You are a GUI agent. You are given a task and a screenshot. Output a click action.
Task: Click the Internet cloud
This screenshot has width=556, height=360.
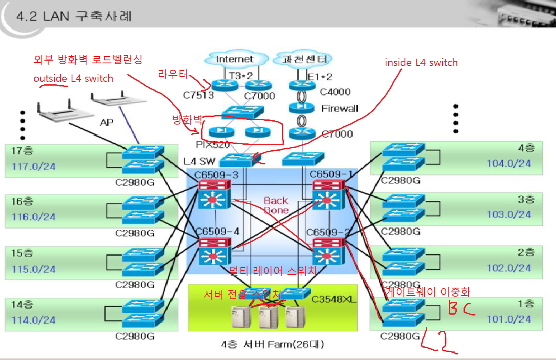click(x=235, y=59)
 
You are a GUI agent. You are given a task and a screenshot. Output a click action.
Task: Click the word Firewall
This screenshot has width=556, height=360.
click(x=339, y=108)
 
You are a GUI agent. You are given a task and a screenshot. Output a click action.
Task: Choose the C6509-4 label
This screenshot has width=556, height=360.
click(x=217, y=232)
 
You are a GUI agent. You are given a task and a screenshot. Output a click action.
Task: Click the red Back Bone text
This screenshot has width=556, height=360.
click(x=276, y=205)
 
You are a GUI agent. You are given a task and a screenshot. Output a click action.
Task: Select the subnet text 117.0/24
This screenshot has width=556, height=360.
click(x=34, y=166)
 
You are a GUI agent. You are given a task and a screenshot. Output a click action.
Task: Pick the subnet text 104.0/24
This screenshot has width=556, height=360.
click(x=508, y=163)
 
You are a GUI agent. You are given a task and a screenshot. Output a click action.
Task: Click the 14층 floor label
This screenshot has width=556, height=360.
click(x=22, y=305)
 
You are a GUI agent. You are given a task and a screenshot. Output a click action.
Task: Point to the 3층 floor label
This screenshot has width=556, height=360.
click(x=526, y=199)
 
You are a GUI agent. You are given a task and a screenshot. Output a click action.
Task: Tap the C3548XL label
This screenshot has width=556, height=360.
click(x=334, y=299)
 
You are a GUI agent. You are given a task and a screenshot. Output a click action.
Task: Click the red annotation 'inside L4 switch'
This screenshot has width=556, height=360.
click(x=421, y=62)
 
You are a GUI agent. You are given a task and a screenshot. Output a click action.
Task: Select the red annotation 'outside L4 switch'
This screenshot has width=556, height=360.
click(x=73, y=78)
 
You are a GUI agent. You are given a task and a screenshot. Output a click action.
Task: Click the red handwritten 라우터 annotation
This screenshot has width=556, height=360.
click(x=172, y=74)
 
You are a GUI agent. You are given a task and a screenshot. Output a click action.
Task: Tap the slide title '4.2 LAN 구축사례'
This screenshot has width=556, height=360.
click(x=74, y=17)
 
